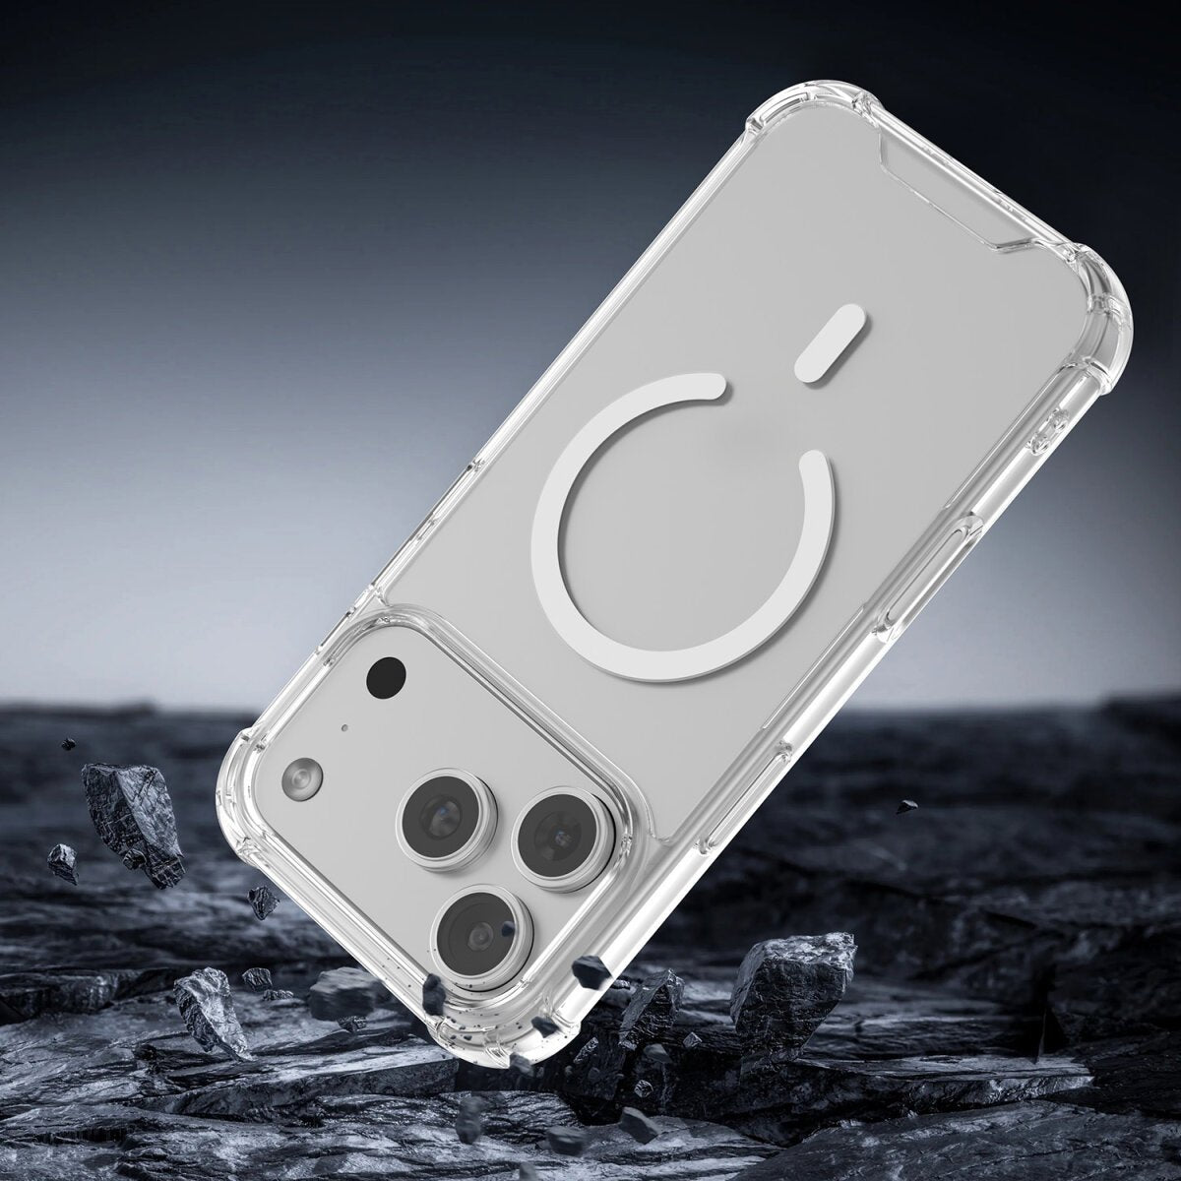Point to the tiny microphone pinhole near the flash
[x=344, y=729]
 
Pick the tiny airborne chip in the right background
[x=903, y=806]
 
